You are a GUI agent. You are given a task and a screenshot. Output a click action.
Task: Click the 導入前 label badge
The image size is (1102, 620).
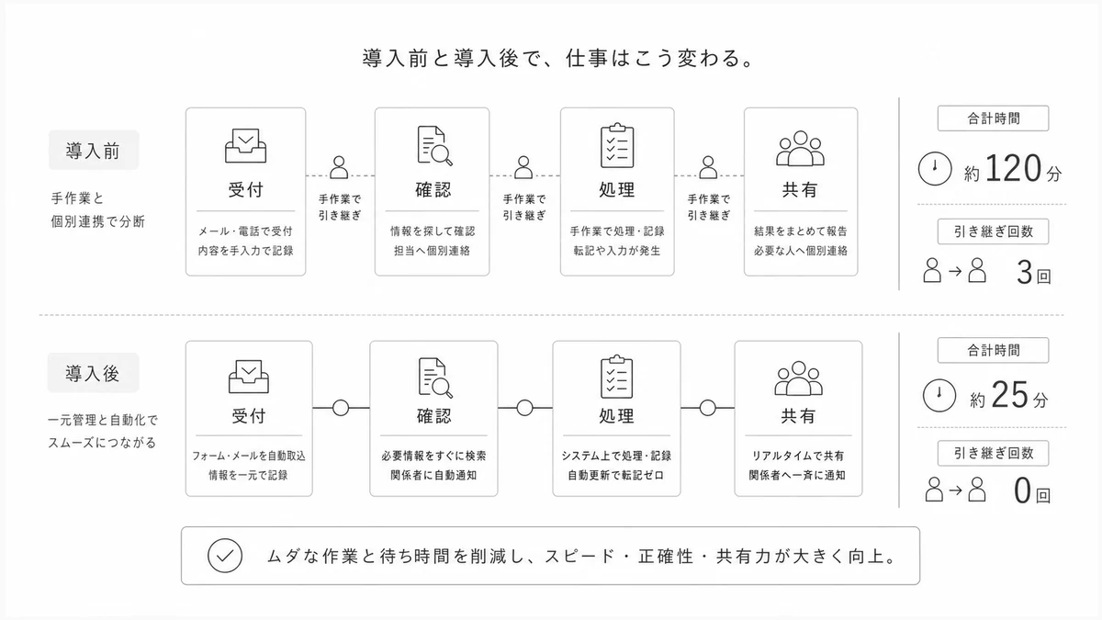point(94,150)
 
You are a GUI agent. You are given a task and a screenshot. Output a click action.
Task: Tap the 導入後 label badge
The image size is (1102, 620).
point(93,373)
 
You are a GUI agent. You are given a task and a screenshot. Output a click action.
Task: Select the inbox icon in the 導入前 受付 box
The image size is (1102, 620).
point(245,146)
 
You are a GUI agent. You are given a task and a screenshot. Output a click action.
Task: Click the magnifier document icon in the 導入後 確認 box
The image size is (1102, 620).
point(435,378)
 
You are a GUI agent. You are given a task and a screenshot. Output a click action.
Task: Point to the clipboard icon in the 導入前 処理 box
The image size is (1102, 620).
point(617,146)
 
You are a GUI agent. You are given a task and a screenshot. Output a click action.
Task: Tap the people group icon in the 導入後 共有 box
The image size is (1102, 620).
point(798,378)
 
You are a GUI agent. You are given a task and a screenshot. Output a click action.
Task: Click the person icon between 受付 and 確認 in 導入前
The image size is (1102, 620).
point(339,167)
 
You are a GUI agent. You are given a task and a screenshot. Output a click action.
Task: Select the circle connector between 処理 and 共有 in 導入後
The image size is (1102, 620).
point(707,408)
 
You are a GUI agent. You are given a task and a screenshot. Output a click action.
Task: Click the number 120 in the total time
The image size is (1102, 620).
point(1014,168)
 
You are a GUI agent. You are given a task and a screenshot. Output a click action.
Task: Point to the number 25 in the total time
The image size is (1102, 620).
point(1009,395)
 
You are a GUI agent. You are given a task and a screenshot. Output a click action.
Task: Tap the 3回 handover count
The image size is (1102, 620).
point(1034,273)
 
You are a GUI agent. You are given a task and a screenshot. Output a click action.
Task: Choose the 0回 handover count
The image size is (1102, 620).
point(1032,490)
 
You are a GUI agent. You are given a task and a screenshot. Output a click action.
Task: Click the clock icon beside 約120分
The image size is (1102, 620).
point(935,169)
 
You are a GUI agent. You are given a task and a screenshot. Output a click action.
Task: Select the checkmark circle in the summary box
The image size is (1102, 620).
point(225,556)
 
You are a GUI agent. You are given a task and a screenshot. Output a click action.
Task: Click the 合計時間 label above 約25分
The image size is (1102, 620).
point(994,350)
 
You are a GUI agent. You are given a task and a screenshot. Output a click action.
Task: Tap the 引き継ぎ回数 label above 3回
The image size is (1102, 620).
point(994,231)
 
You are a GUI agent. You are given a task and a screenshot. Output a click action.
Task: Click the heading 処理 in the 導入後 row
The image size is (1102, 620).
point(616,416)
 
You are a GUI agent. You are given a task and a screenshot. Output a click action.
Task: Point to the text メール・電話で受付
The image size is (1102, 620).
point(245,231)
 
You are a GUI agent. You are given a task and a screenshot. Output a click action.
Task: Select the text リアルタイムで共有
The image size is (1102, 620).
point(798,456)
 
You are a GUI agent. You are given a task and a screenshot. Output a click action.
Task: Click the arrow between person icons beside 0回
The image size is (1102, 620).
point(955,490)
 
